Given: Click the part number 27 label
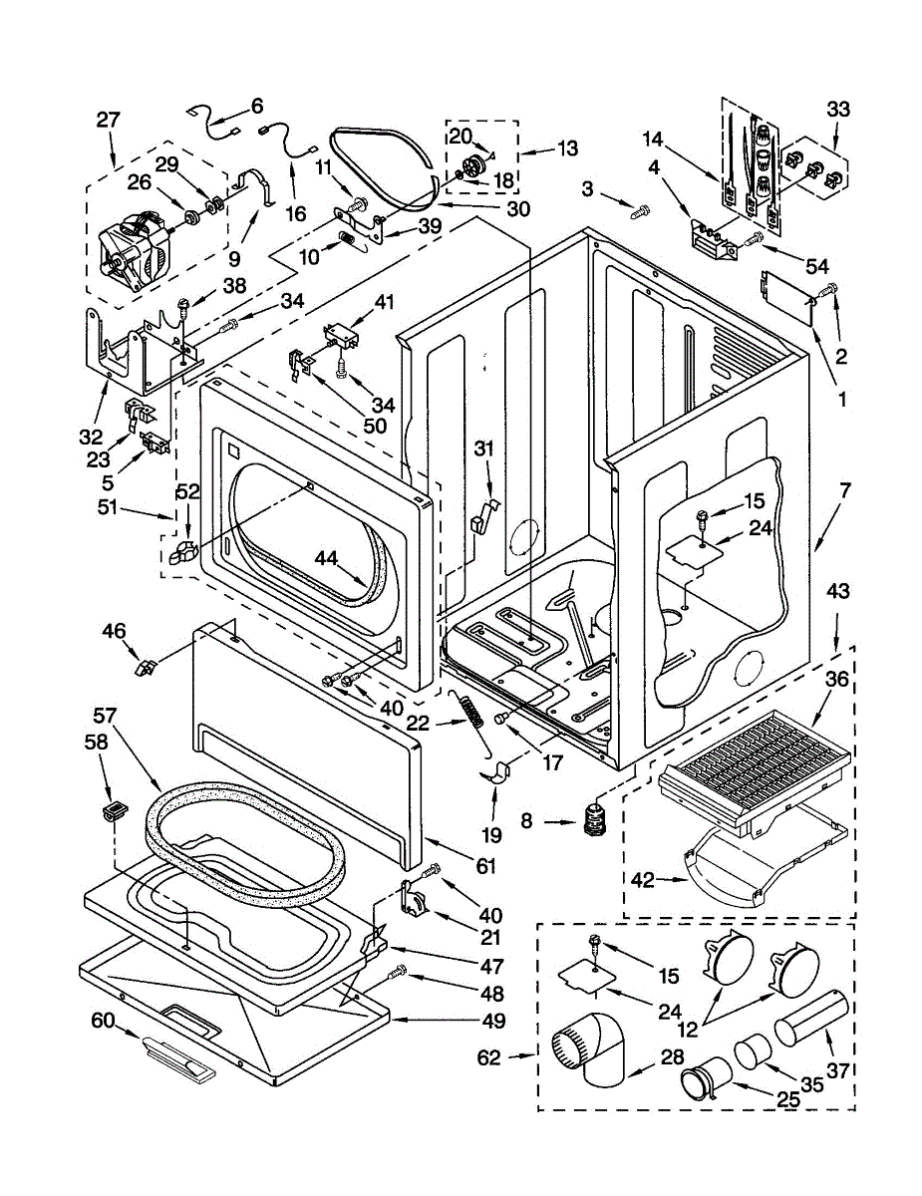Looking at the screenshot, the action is point(108,120).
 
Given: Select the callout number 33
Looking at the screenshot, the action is point(838,109).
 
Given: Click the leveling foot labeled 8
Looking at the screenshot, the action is point(593,821).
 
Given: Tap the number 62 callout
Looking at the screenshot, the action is point(488,1057).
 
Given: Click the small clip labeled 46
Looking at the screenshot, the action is point(145,668).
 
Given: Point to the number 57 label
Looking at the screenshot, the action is point(105,716).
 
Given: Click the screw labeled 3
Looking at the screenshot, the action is point(641,209).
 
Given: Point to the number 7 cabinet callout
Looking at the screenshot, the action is point(844,490).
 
